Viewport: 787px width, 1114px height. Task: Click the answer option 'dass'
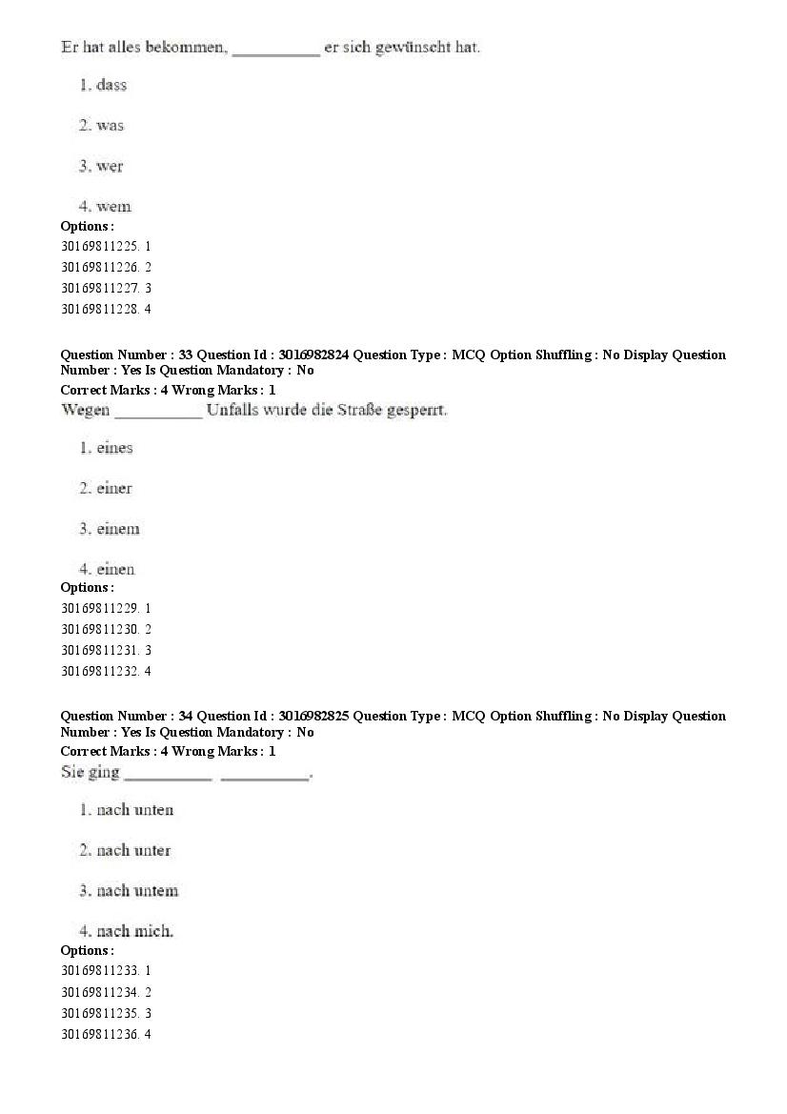pos(111,85)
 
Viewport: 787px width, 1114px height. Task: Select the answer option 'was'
pos(110,126)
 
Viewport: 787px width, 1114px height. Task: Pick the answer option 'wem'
pos(113,207)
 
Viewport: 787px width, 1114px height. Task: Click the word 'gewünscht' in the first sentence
pos(414,47)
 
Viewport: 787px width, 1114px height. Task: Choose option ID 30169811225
pos(99,246)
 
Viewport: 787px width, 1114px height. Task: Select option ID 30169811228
pos(99,309)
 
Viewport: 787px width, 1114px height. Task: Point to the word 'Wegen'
pos(84,411)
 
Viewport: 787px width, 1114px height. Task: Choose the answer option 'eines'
pos(114,448)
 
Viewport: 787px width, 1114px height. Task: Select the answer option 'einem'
pos(117,529)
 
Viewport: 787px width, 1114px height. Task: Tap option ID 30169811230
pos(99,629)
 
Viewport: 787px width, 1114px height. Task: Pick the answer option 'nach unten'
pos(134,810)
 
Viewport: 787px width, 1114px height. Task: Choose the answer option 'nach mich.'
pos(134,931)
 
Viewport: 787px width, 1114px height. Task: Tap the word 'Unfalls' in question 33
pos(232,411)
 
